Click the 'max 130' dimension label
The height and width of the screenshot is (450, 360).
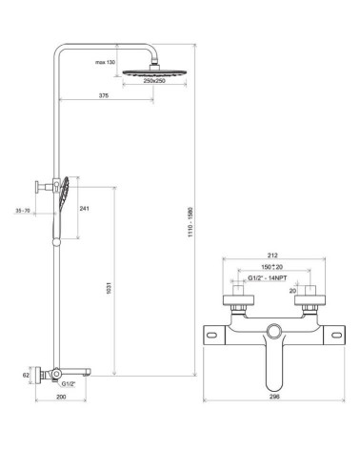tap(105, 62)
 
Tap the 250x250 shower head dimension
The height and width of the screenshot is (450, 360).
tap(154, 81)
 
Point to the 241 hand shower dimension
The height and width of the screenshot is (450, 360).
tap(84, 209)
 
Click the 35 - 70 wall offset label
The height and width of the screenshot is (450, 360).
tap(23, 211)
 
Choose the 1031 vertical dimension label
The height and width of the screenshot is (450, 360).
tap(109, 287)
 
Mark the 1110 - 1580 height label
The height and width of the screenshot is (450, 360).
tap(190, 222)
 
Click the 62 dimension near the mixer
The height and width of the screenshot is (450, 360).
tap(26, 376)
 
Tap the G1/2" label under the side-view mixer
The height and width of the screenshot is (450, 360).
tap(69, 384)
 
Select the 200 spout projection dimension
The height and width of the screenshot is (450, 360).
tap(61, 397)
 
